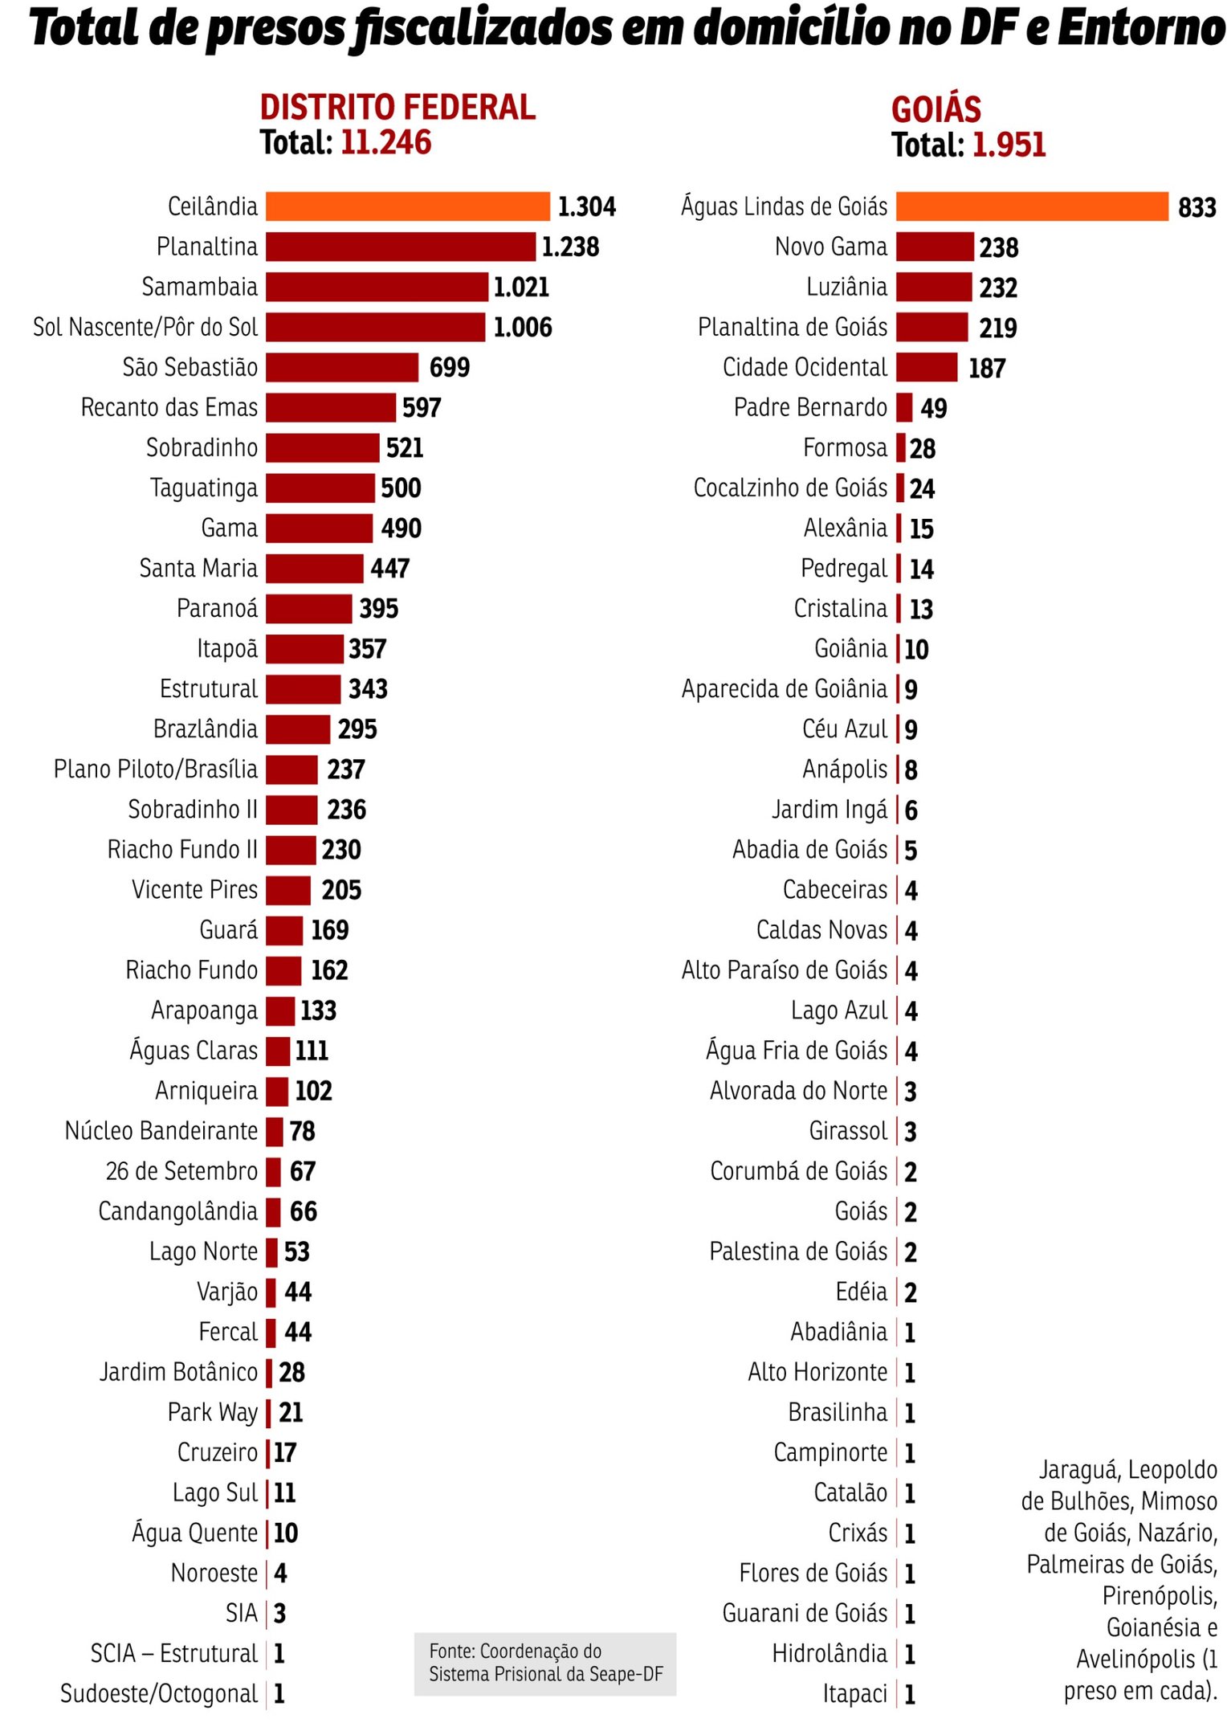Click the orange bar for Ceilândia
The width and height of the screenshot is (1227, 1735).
point(407,206)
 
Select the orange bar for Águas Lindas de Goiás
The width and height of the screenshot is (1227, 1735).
point(1031,206)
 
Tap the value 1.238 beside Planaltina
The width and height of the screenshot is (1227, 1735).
point(570,247)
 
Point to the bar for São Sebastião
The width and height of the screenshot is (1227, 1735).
point(342,367)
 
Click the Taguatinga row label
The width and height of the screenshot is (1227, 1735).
point(204,488)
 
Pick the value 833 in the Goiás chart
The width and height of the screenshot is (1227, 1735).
point(1196,207)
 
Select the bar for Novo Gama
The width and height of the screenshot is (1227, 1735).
point(934,247)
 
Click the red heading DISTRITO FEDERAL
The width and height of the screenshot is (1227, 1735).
point(397,108)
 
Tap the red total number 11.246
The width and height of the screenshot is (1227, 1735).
point(385,143)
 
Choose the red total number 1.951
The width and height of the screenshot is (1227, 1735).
point(1009,145)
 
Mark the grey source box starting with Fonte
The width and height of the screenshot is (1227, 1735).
point(545,1664)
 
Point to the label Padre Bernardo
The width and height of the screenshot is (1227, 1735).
point(810,407)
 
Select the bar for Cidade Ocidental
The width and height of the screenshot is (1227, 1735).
point(927,367)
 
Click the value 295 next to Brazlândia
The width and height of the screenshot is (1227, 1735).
point(357,729)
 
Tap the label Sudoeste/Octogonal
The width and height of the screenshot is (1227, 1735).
point(159,1694)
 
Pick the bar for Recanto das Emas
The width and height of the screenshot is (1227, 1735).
point(331,407)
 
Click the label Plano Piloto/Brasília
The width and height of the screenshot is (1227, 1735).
point(156,770)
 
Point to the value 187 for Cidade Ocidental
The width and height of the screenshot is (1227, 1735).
point(986,369)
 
